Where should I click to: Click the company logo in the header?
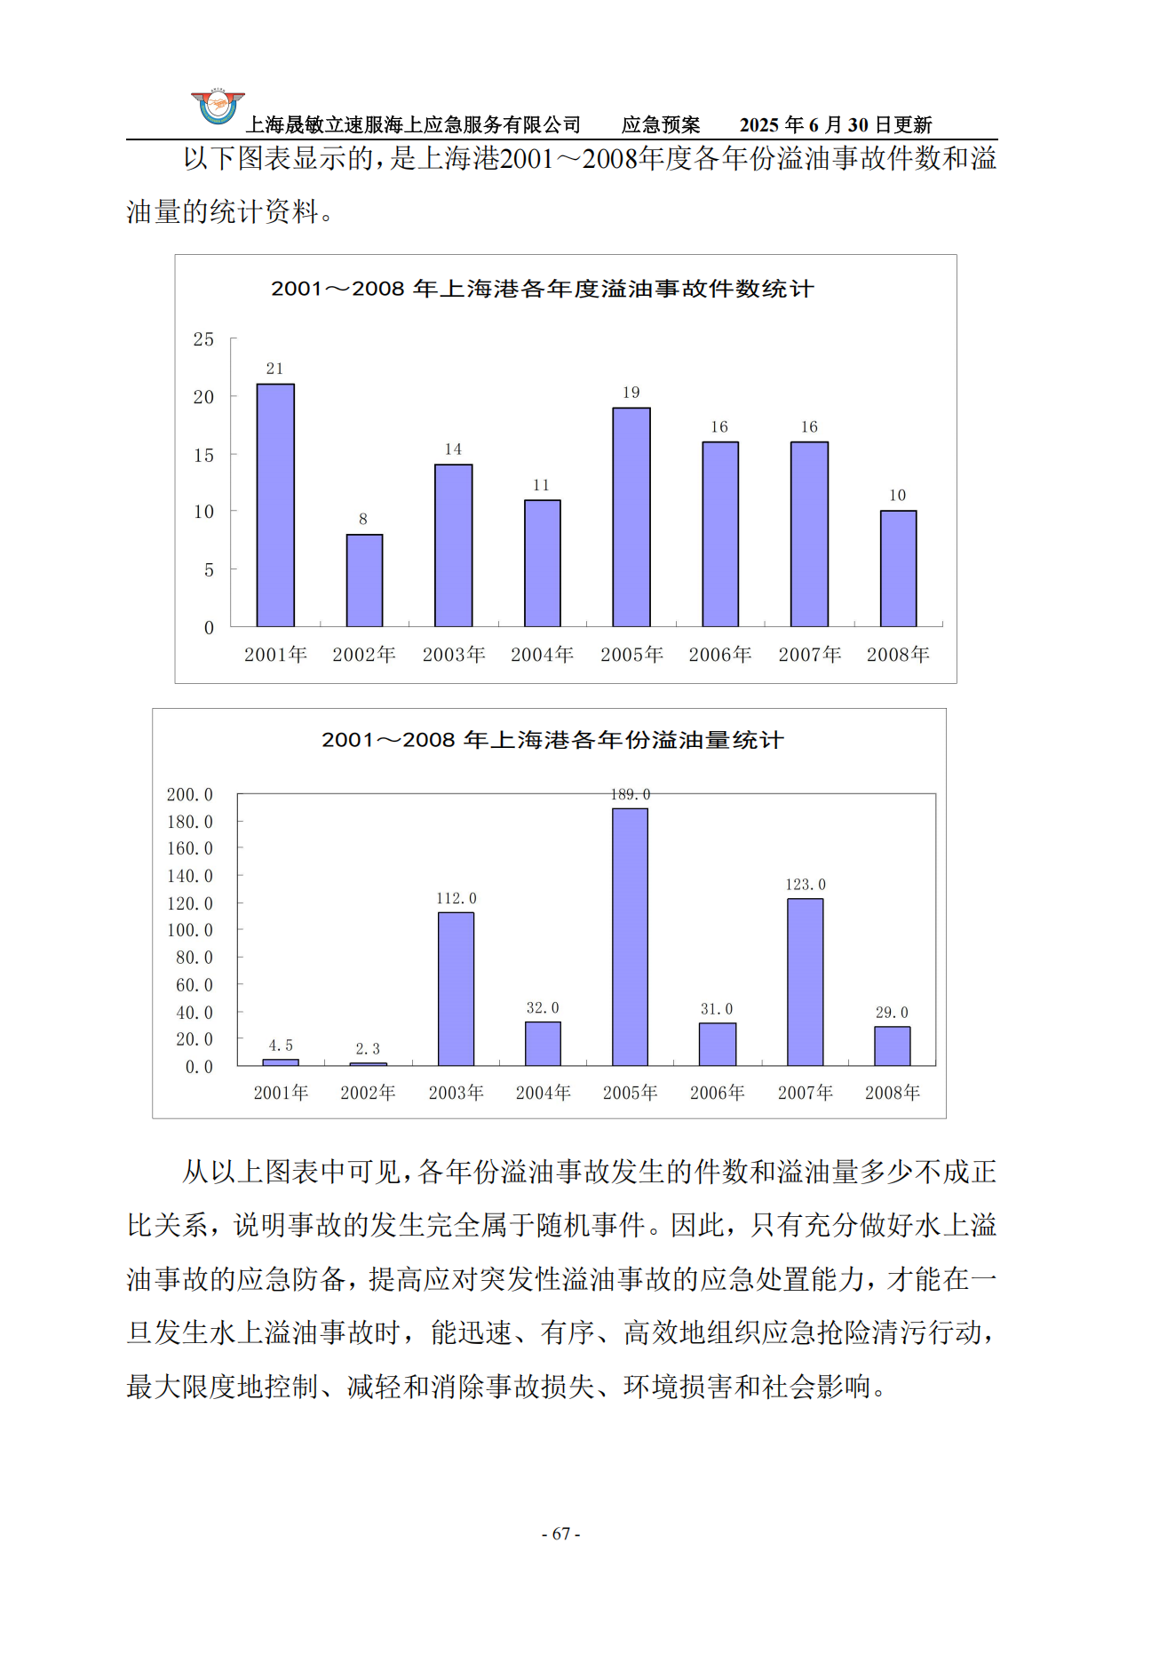[218, 106]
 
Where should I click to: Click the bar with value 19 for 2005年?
[631, 517]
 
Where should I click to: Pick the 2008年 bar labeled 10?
[898, 569]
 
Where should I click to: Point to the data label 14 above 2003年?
[453, 449]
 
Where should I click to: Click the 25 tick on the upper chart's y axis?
[203, 339]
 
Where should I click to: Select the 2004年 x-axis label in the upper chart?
[542, 655]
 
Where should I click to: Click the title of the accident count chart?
[542, 289]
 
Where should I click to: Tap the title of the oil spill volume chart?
[552, 740]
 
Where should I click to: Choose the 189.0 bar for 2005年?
[630, 936]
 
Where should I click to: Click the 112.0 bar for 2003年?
[456, 989]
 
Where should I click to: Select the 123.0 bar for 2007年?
[805, 982]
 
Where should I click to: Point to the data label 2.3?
[368, 1049]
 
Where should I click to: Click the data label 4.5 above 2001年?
[281, 1046]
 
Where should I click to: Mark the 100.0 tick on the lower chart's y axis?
[190, 930]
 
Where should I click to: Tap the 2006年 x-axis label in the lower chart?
[717, 1093]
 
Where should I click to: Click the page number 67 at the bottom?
[561, 1533]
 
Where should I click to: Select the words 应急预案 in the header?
[661, 125]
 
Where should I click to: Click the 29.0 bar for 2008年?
[892, 1046]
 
